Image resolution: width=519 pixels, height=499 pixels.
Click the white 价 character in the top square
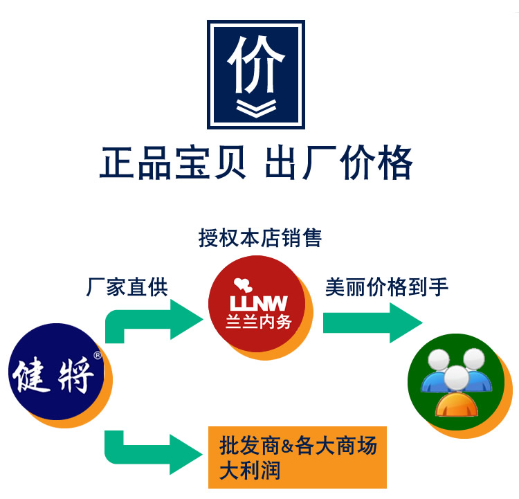pos(255,64)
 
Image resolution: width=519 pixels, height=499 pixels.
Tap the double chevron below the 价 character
pos(256,109)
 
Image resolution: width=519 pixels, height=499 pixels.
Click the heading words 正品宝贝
pos(172,163)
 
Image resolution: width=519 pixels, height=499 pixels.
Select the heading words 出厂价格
pos(338,163)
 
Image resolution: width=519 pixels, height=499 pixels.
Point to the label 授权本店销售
pos(259,238)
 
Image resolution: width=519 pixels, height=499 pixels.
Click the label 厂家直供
pos(127,287)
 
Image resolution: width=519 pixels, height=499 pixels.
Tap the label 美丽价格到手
pos(387,287)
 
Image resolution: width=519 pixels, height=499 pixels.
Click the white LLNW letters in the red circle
pos(259,303)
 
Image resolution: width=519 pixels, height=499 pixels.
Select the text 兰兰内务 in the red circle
pos(259,322)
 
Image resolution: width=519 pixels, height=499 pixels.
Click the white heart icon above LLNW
pos(243,284)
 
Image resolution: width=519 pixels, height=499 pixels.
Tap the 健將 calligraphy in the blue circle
pos(53,376)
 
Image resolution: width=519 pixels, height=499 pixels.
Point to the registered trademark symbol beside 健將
pos(98,356)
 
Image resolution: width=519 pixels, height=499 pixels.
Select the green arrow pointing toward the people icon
pos(372,323)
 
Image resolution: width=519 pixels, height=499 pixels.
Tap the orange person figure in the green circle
pos(457,392)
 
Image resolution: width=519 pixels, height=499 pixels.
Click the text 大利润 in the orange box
pos(250,471)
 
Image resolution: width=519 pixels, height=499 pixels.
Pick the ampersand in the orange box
pos(287,446)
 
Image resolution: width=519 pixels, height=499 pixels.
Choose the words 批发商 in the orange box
pos(250,445)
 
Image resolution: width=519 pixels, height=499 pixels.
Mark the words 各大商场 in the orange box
pos(336,445)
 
